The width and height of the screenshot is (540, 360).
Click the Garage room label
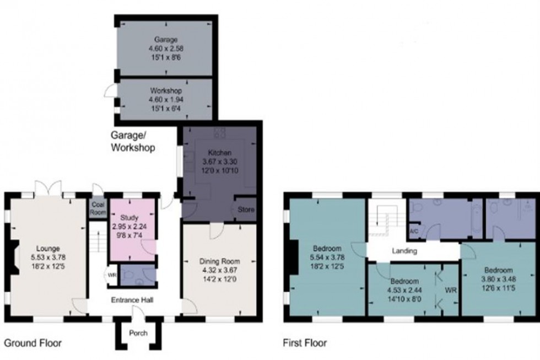[x=166, y=40]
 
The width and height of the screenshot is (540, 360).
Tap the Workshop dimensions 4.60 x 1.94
[x=166, y=99]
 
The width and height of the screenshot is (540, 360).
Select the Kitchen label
[x=219, y=153]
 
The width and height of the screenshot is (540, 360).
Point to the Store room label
[x=246, y=209]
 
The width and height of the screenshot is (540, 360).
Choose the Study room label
[x=131, y=218]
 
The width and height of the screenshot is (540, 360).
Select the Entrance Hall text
[x=132, y=300]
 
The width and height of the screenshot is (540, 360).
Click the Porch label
[x=138, y=332]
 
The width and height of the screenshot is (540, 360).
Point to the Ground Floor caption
[x=33, y=343]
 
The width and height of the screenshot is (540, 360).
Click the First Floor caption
[x=305, y=343]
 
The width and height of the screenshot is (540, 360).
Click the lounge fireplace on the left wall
[x=12, y=259]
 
